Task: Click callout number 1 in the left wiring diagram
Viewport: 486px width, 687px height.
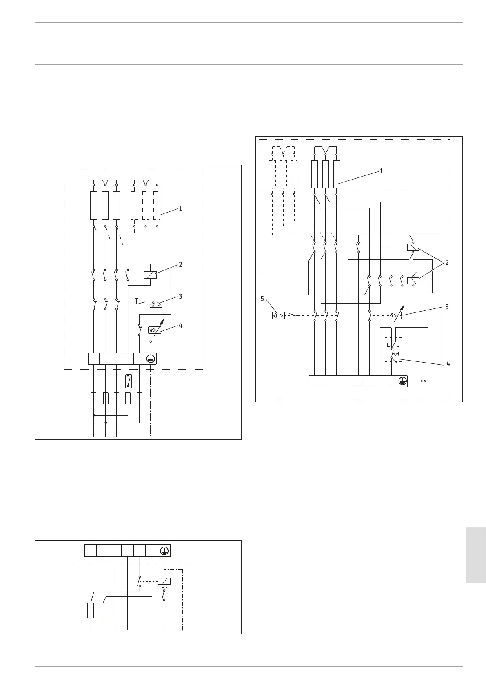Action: click(180, 208)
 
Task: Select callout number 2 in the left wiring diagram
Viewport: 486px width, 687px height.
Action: click(180, 265)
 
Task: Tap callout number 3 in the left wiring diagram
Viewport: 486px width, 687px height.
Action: click(180, 297)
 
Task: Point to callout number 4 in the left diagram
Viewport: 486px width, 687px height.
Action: click(180, 326)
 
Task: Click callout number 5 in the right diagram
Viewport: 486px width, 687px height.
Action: click(262, 299)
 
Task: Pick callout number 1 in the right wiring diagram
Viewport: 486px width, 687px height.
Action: click(381, 171)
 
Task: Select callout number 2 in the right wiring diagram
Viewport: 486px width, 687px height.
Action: click(447, 262)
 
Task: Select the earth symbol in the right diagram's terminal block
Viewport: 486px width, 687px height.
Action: click(402, 381)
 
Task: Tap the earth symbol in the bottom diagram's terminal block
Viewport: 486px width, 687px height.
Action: click(164, 551)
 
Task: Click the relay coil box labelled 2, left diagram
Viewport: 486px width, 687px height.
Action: click(150, 275)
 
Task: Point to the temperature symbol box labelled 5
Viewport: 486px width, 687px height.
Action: click(278, 315)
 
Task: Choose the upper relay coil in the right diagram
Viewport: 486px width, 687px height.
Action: click(413, 247)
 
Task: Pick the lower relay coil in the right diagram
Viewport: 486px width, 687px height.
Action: click(413, 281)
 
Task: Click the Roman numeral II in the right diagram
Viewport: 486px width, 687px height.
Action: click(388, 345)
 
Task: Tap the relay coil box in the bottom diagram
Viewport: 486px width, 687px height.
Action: click(164, 581)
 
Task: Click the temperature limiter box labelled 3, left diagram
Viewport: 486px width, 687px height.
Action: click(156, 304)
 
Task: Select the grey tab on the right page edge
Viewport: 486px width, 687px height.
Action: click(475, 555)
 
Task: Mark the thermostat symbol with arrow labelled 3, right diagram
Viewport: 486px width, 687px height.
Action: click(395, 315)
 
